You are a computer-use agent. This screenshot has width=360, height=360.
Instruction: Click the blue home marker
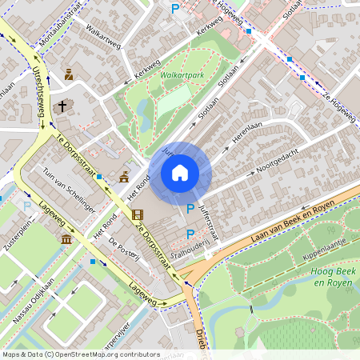pos(180,172)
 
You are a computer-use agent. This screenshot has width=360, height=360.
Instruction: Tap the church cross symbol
pos(62,106)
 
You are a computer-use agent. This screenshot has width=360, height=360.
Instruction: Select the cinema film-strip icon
pos(137,214)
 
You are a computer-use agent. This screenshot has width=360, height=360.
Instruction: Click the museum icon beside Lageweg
pos(66,239)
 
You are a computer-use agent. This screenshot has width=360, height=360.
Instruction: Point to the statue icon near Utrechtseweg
pos(69,74)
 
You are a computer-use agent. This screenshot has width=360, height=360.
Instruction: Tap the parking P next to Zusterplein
pos(28,206)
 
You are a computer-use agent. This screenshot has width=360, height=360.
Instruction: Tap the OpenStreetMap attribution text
pos(80,354)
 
